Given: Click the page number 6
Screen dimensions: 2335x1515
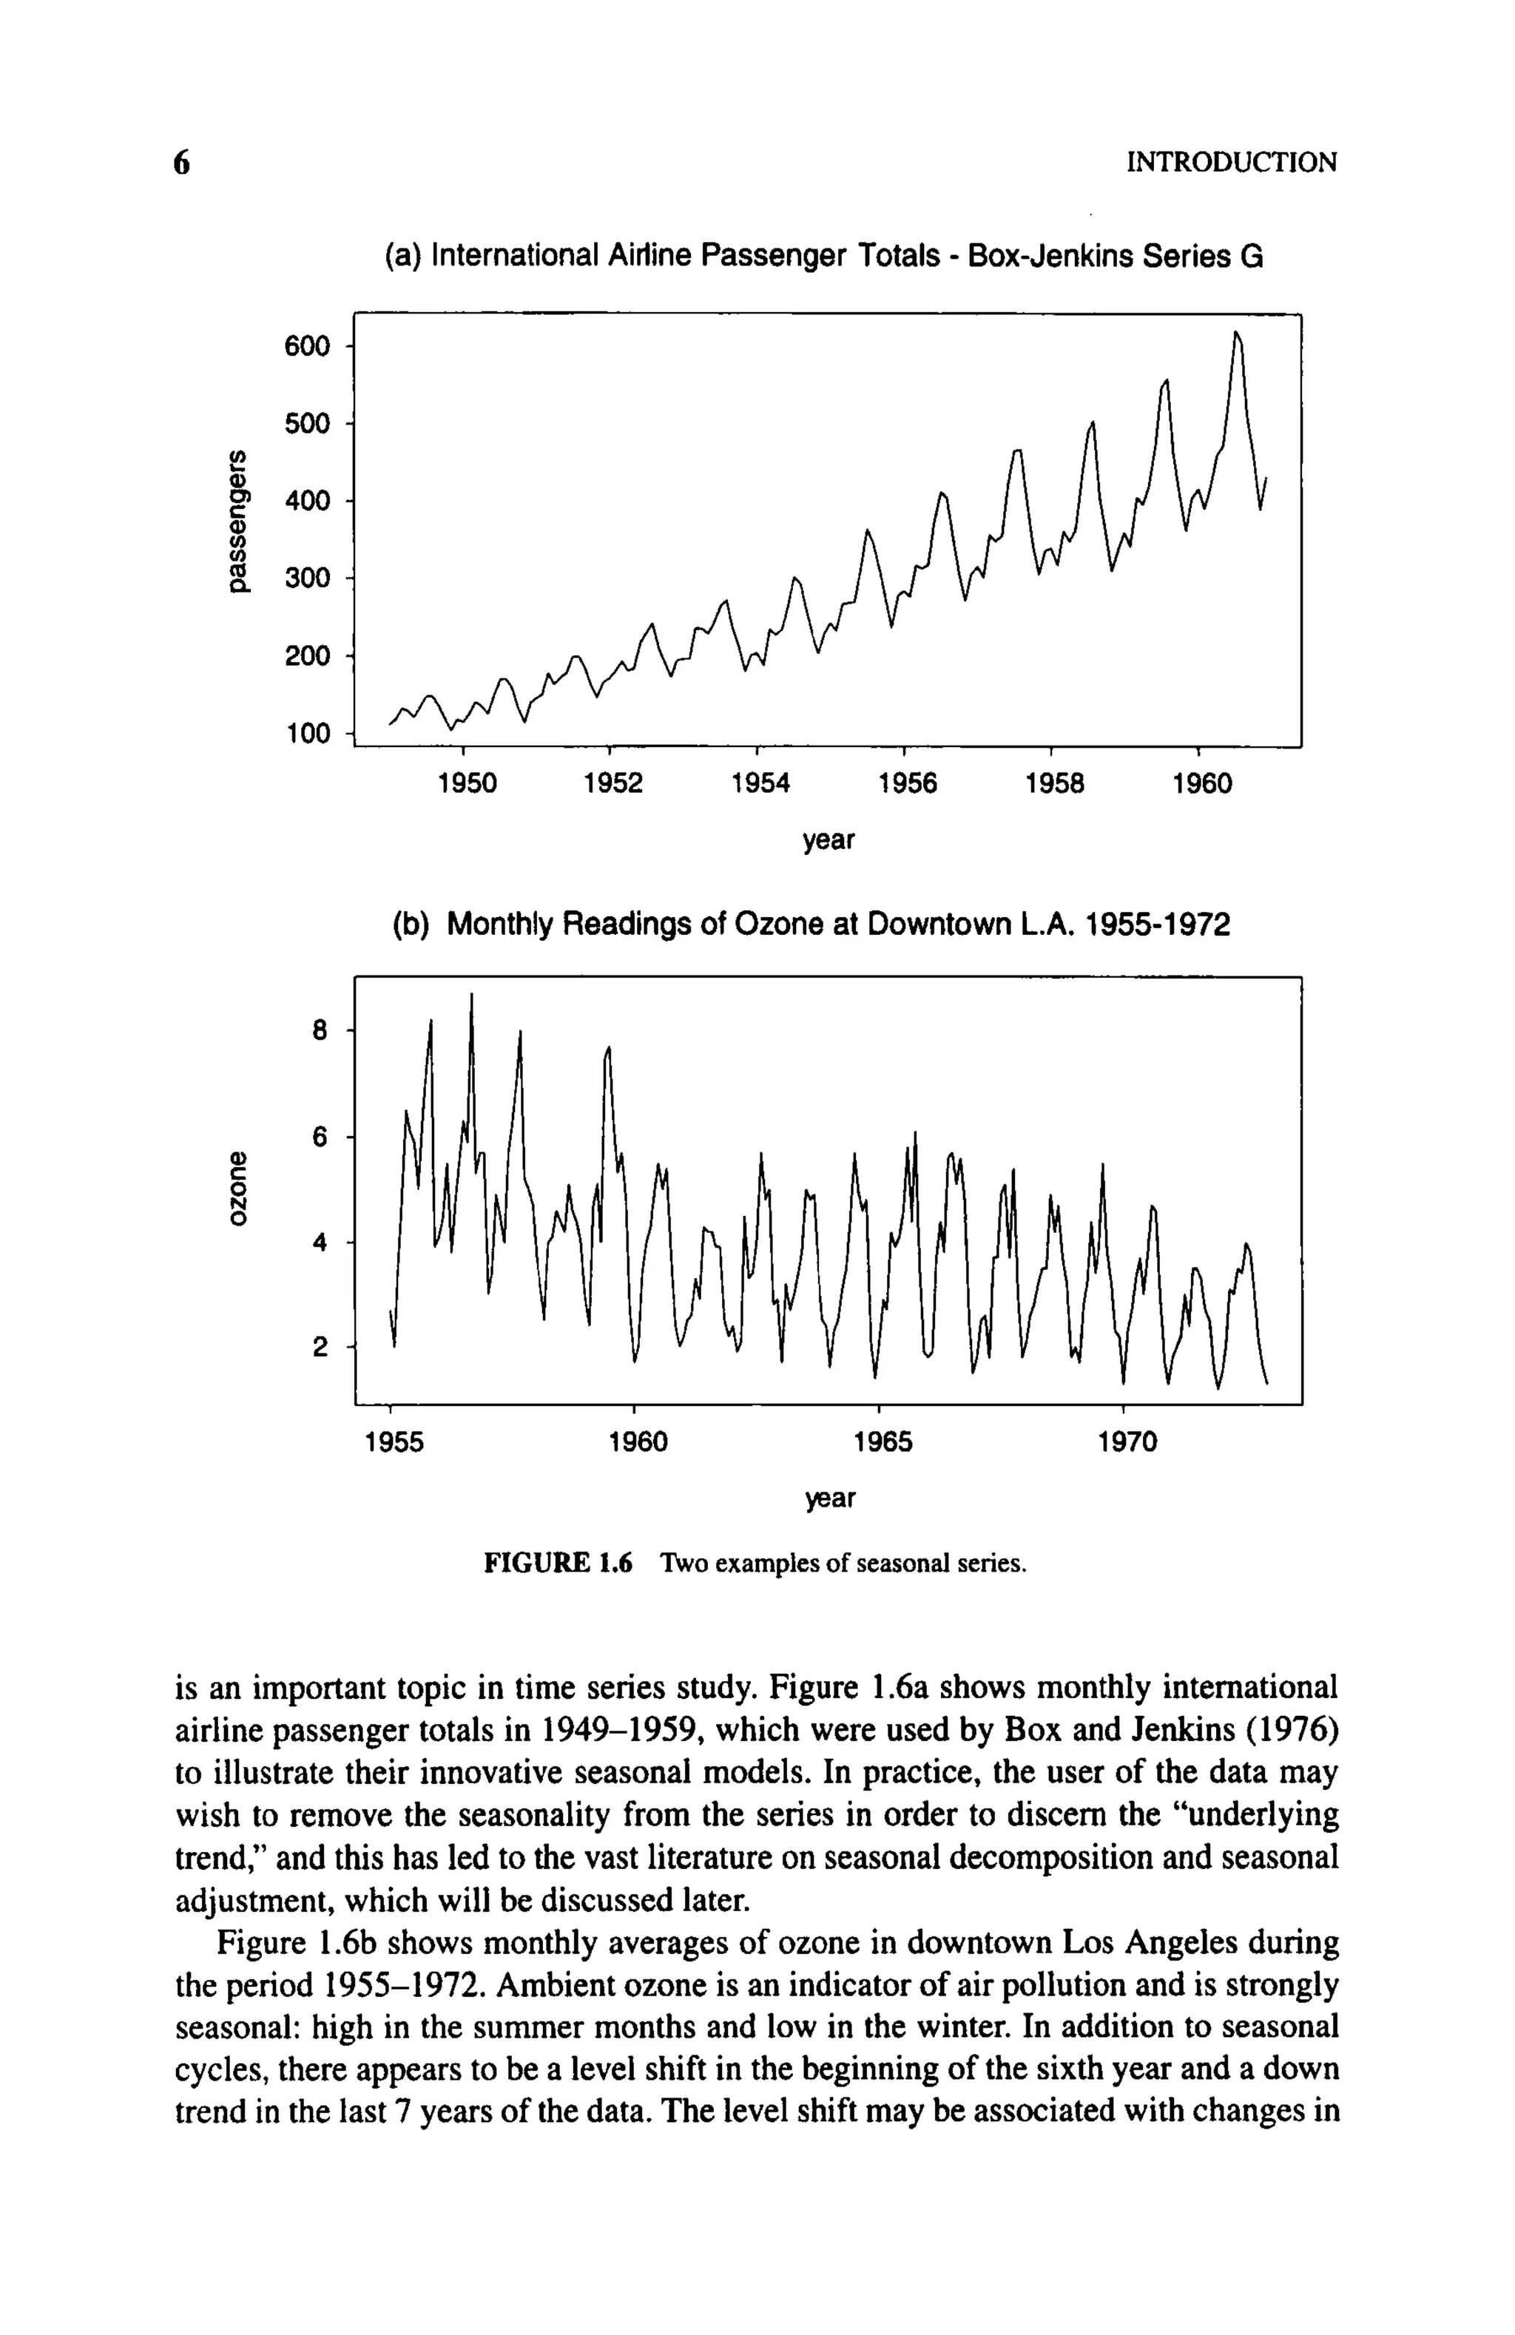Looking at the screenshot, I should coord(180,162).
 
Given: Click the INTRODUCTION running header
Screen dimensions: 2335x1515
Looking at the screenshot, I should coord(1232,162).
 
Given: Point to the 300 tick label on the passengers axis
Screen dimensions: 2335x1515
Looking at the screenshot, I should coord(307,578).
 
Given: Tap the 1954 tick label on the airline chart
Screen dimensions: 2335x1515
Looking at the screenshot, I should coord(760,784).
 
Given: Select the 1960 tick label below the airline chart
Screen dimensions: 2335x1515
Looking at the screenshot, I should coord(1201,784).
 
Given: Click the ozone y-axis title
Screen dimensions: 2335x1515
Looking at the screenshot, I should coord(235,1188).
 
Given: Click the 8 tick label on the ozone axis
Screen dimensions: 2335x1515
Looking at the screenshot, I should coord(320,1030).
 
